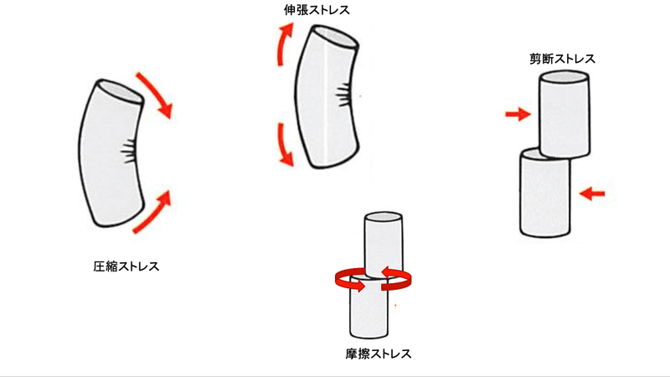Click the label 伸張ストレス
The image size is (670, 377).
tap(317, 10)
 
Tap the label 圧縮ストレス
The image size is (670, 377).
tap(126, 266)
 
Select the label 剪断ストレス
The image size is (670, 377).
tap(562, 59)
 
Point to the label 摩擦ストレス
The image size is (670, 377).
tap(379, 354)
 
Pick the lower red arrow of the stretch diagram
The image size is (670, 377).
tap(282, 144)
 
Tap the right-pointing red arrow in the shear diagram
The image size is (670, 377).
tap(518, 114)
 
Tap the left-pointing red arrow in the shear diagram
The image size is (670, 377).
tap(592, 194)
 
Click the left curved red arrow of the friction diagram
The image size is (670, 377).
tap(347, 281)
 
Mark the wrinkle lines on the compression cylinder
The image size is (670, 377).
tap(128, 152)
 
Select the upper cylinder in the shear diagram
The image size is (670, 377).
tap(564, 115)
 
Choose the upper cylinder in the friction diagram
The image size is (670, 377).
tap(384, 245)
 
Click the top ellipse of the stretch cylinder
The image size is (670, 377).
tap(336, 36)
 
